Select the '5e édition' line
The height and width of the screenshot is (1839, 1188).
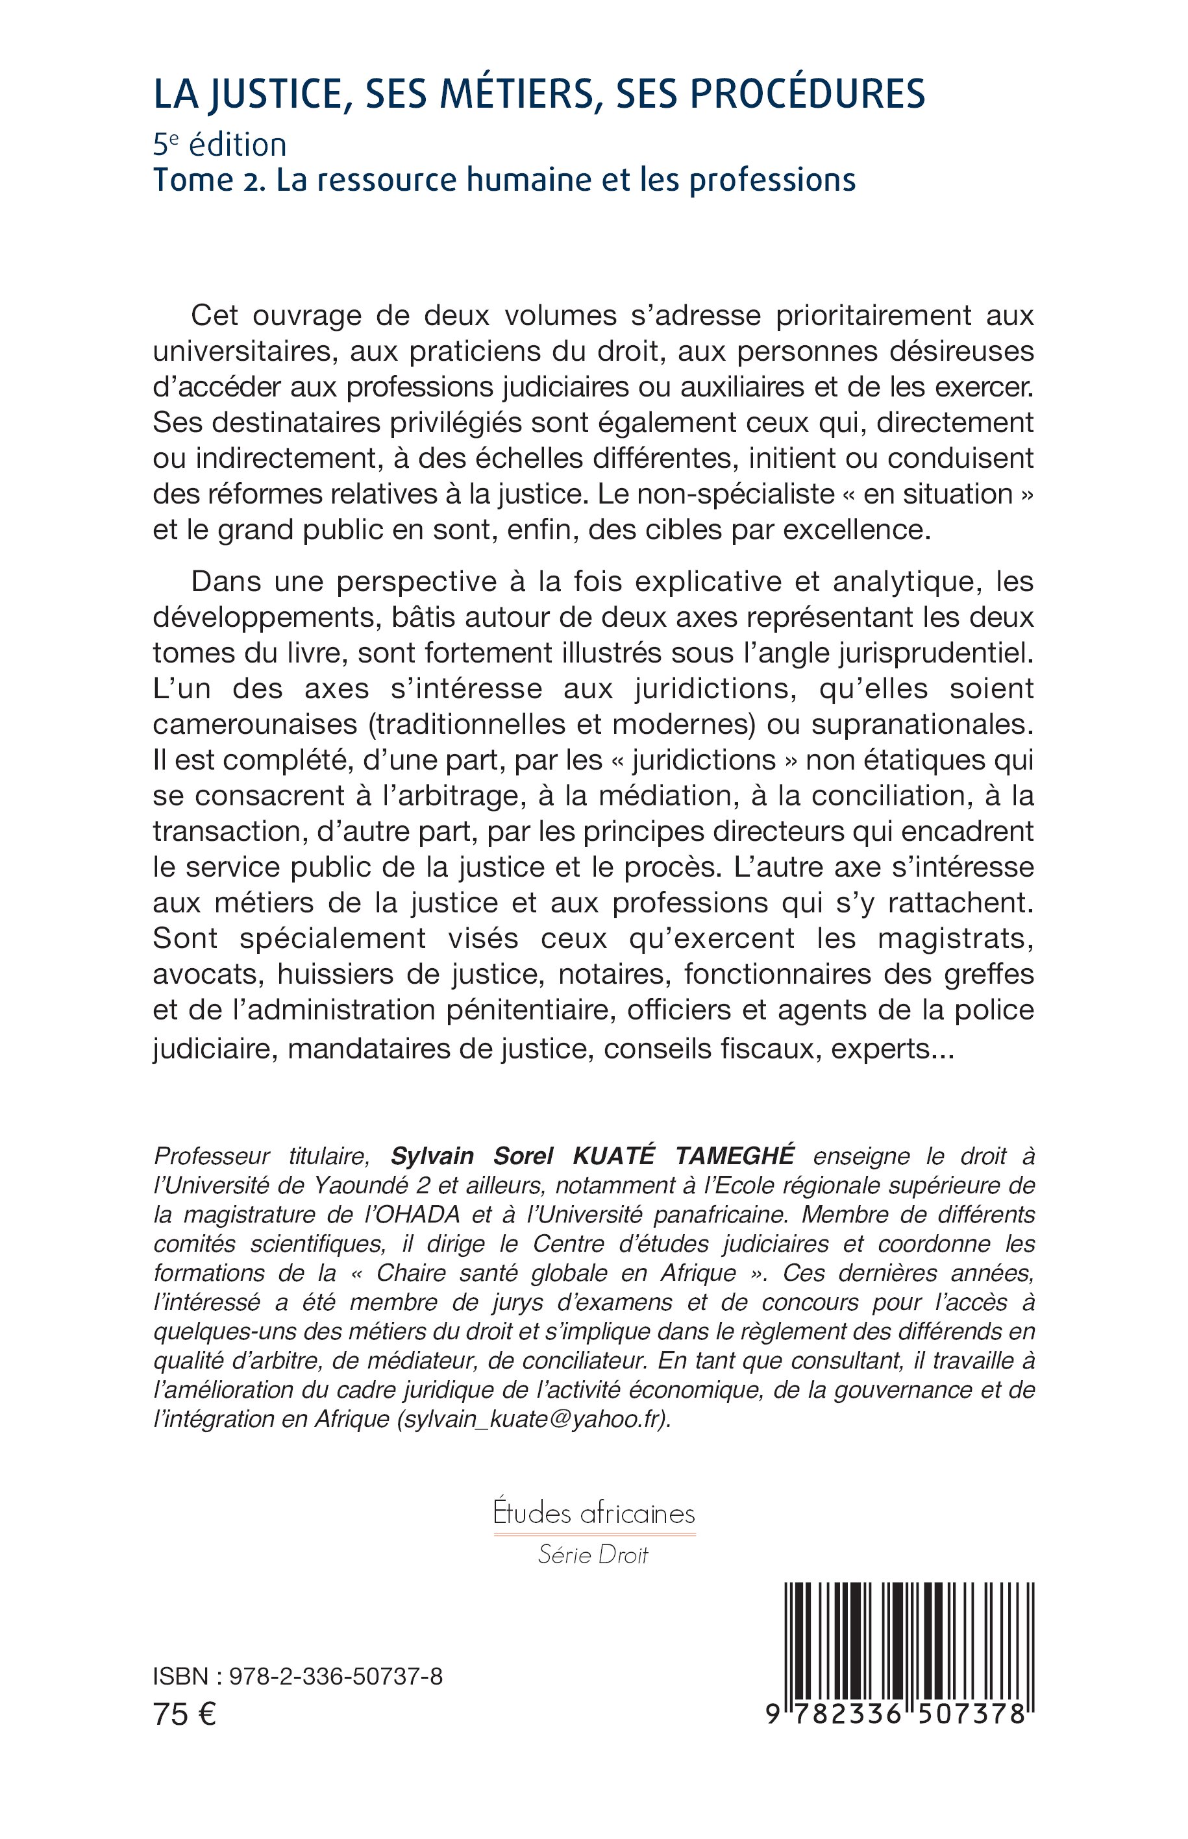[220, 145]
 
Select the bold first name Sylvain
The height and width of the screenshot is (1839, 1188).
[432, 1156]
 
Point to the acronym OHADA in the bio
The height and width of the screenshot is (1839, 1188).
[421, 1215]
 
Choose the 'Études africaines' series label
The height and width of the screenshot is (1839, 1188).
[594, 1514]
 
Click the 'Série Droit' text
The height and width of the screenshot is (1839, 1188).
[594, 1555]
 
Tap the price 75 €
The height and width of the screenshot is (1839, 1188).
[185, 1714]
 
